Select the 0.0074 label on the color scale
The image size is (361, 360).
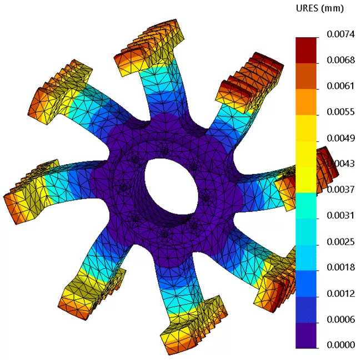[x=335, y=34]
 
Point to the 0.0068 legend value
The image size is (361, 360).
[x=335, y=60]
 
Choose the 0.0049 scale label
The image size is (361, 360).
[x=335, y=138]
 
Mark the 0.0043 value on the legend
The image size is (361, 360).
[x=335, y=164]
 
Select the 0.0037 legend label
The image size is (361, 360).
[x=335, y=190]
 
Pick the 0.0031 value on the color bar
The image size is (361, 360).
[x=335, y=216]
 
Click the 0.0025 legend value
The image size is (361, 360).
[x=335, y=242]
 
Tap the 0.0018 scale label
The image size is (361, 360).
[x=335, y=268]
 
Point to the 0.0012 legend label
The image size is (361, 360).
[x=335, y=293]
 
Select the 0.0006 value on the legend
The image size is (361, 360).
[x=335, y=320]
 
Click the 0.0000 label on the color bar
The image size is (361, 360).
[x=335, y=345]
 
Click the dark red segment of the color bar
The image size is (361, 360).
[x=306, y=49]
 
